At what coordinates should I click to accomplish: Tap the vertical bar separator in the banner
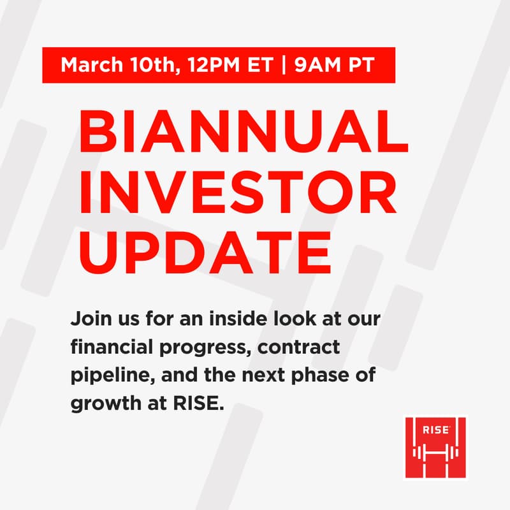pos(282,65)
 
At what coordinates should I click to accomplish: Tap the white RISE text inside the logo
pos(435,430)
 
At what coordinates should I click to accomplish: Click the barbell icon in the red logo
pos(435,453)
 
